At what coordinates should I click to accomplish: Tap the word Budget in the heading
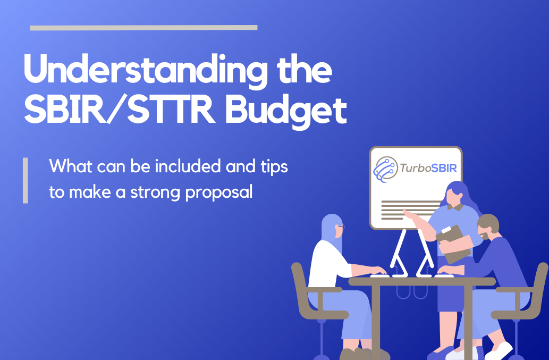[286, 111]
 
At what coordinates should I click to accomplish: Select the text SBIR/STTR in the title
[120, 110]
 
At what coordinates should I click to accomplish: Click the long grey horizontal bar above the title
[144, 28]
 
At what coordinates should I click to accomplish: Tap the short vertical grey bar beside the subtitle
[25, 180]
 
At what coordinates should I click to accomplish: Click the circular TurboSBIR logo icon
[385, 170]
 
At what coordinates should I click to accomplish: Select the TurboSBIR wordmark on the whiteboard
[428, 168]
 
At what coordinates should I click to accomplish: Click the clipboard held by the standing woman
[454, 244]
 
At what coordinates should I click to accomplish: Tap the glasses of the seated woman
[341, 227]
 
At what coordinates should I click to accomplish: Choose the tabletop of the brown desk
[422, 281]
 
